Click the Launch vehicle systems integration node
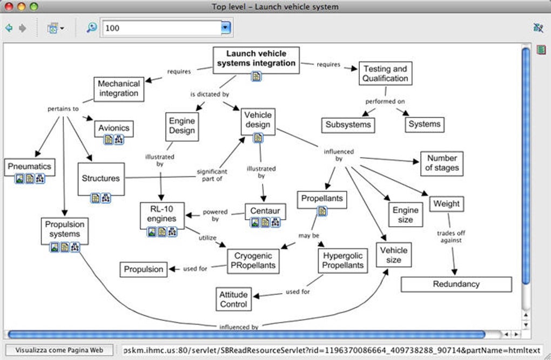(256, 58)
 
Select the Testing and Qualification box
(385, 73)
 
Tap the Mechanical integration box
(118, 89)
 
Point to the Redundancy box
(456, 284)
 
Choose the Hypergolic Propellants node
(343, 260)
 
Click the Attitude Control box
(233, 299)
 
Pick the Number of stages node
(441, 163)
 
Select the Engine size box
(405, 214)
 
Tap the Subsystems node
(348, 124)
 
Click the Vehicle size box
(394, 255)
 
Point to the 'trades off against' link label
(451, 237)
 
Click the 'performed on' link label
(385, 101)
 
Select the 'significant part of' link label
(211, 175)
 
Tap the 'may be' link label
(308, 235)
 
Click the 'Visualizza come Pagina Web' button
(64, 350)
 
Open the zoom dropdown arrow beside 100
(226, 28)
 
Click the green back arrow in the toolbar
(9, 28)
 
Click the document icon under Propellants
(322, 212)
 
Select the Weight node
(447, 203)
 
